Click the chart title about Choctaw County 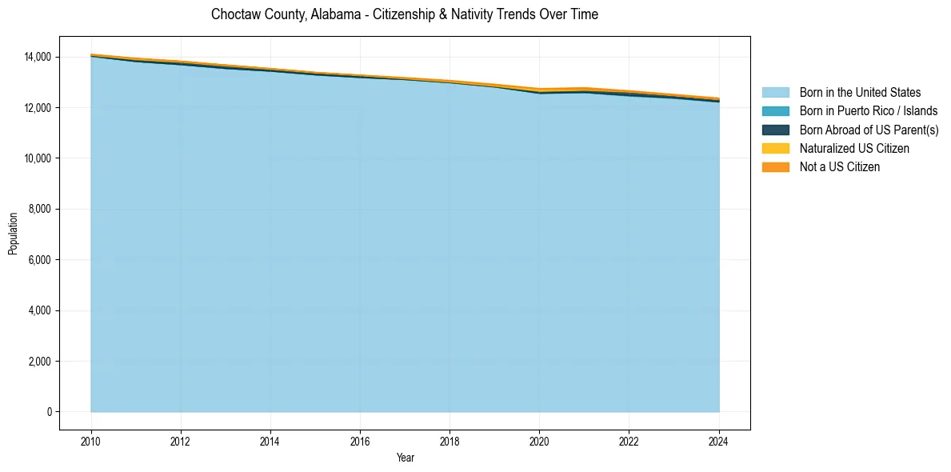click(x=404, y=14)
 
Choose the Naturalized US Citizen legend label click(x=854, y=149)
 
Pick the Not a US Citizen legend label click(x=840, y=167)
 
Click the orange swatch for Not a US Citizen click(x=775, y=167)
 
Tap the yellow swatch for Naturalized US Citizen click(x=775, y=149)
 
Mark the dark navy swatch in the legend click(x=775, y=130)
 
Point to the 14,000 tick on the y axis click(x=38, y=57)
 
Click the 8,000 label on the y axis click(x=40, y=209)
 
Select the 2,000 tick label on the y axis click(x=40, y=362)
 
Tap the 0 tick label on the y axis click(x=50, y=412)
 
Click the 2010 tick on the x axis click(x=91, y=440)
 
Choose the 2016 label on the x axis click(x=360, y=440)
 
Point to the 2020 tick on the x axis click(x=540, y=440)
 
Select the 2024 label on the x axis click(x=719, y=440)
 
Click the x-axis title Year click(x=405, y=458)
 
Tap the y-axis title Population click(x=13, y=234)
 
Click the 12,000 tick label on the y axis click(x=38, y=107)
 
